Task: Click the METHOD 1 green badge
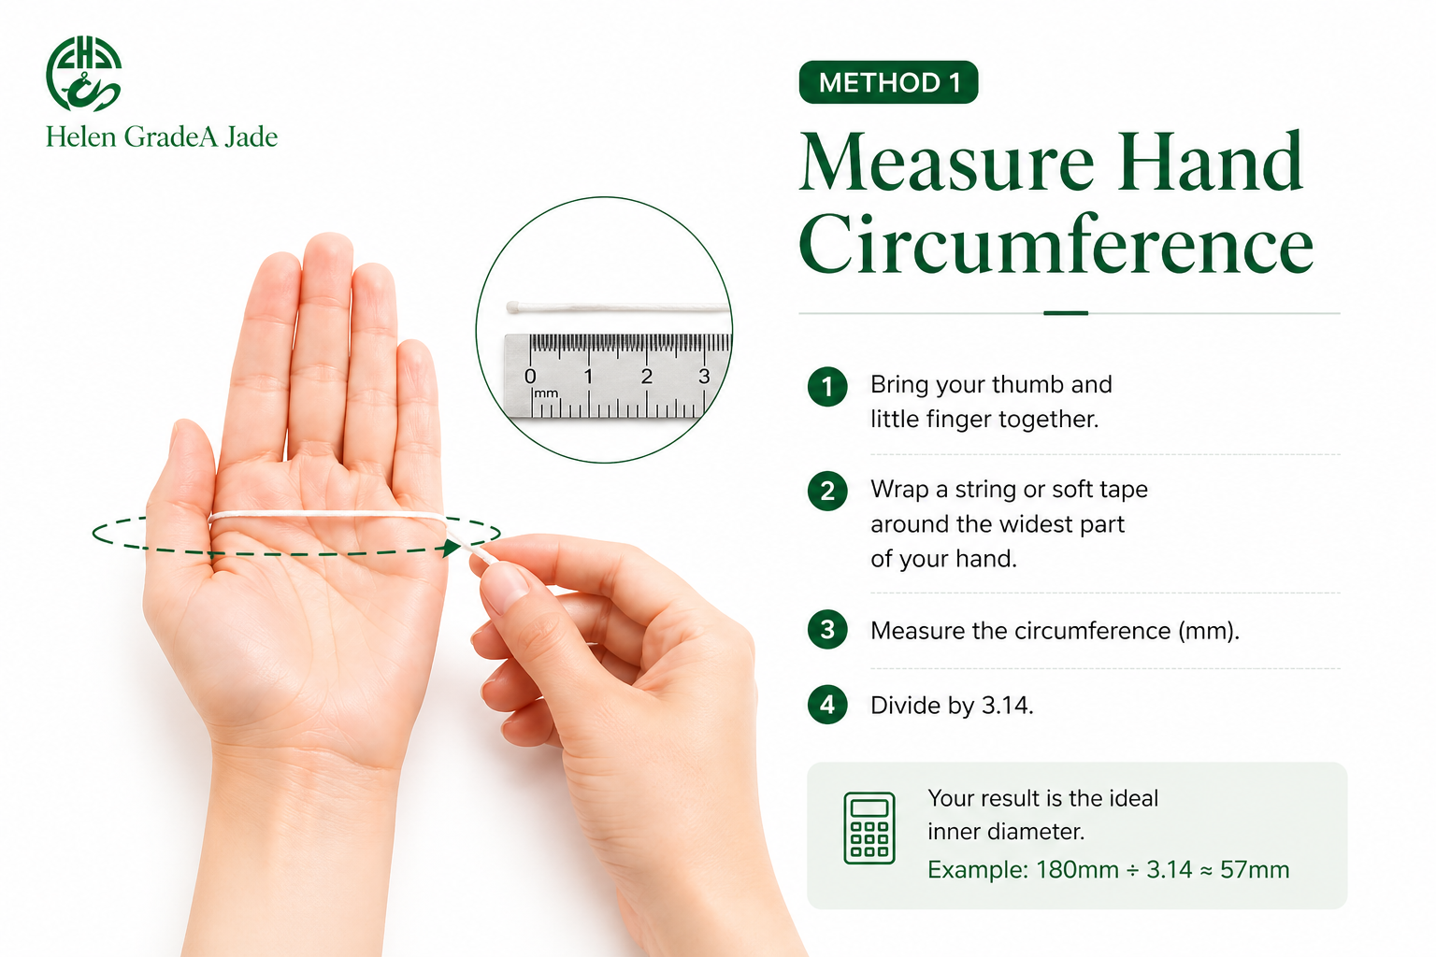tap(888, 82)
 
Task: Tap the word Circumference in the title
tap(1056, 245)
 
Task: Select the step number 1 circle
tap(827, 386)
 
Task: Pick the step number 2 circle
tap(827, 491)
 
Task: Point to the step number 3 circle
tap(827, 631)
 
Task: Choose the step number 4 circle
tap(827, 705)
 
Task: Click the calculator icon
tap(869, 828)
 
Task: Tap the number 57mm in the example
tap(1255, 870)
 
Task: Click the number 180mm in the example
tap(1077, 870)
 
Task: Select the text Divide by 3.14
tap(952, 706)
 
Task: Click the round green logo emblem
tap(83, 74)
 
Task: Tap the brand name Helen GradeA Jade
tap(162, 137)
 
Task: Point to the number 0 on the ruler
tap(530, 377)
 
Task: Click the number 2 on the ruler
tap(646, 377)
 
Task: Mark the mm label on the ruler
tap(546, 393)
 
